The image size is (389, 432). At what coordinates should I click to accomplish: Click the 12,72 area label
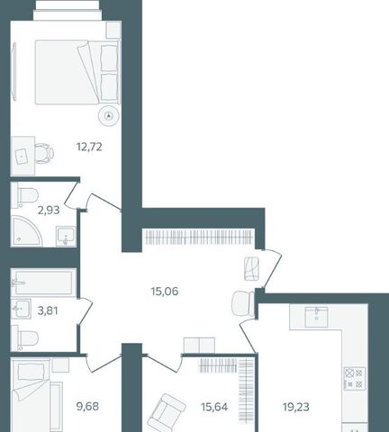pos(89,147)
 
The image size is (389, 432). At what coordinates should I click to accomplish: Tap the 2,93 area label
pos(49,210)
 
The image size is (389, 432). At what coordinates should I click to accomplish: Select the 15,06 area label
pos(165,291)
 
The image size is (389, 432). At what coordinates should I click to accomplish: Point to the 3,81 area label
pos(48,310)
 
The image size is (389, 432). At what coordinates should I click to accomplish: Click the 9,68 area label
pos(87,407)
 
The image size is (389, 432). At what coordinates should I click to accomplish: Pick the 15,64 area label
pos(214,407)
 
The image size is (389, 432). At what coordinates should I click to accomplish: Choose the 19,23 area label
pos(296,407)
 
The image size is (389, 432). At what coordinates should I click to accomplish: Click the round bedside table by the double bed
pos(109,116)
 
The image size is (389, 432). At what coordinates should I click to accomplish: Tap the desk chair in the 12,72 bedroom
pos(44,154)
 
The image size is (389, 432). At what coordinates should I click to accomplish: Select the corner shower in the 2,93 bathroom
pos(25,231)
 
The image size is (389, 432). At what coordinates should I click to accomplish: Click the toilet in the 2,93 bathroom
pos(26,196)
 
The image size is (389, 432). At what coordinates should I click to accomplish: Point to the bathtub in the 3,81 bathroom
pos(44,283)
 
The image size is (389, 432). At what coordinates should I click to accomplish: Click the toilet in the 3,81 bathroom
pos(26,338)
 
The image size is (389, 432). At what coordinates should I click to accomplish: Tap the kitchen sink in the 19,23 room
pos(316,317)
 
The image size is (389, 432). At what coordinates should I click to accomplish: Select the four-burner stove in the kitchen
pos(355,379)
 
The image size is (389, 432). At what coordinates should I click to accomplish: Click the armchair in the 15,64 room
pos(166,413)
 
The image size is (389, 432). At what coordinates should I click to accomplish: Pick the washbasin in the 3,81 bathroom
pos(21,309)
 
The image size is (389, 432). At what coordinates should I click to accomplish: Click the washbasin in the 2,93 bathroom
pos(66,237)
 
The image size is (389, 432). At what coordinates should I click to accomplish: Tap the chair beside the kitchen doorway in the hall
pos(243,303)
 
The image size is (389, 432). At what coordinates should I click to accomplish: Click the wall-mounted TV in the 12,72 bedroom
pos(14,71)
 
